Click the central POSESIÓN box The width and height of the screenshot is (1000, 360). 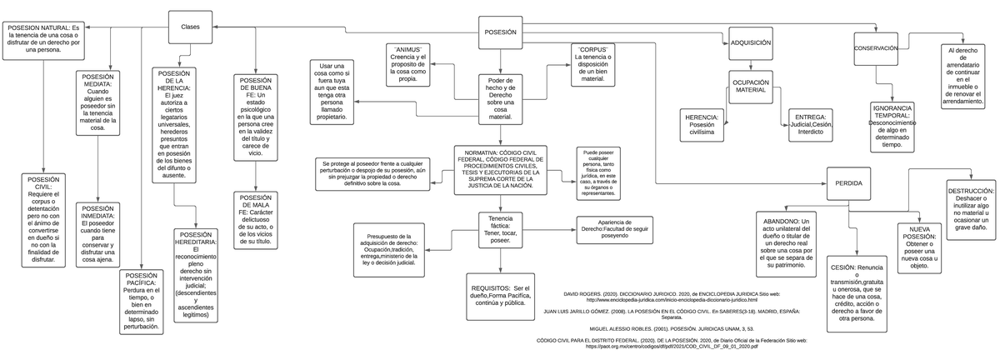500,32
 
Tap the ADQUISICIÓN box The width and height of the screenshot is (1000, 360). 750,42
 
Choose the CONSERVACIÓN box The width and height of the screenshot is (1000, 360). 876,49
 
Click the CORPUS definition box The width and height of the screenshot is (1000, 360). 592,64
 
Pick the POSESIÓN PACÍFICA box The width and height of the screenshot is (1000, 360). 139,300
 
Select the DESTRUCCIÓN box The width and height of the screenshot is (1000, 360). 971,207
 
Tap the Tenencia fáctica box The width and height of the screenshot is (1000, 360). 501,231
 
